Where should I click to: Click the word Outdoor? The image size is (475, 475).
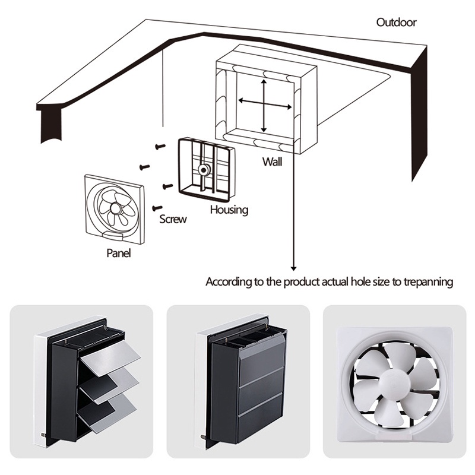coord(396,23)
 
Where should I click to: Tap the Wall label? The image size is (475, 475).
coord(272,161)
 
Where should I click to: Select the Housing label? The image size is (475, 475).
coord(229,210)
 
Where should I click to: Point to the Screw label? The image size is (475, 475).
coord(173,219)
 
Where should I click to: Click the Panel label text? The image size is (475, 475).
coord(118,253)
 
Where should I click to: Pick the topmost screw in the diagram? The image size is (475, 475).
coord(160,146)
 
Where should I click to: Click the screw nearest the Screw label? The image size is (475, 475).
coord(157,208)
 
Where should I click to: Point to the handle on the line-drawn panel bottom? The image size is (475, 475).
coord(113,236)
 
